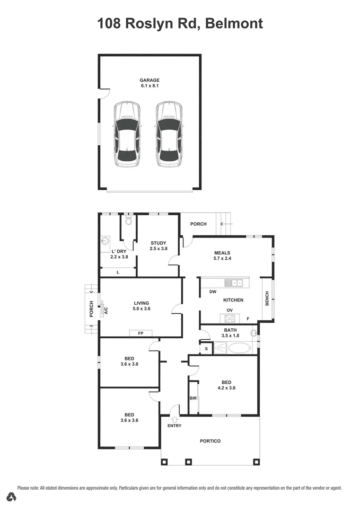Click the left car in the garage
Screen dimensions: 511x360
[127, 134]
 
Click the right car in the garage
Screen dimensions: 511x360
[169, 134]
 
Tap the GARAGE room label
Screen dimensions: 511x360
[149, 80]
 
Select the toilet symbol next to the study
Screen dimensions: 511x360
[128, 220]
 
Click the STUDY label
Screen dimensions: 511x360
[158, 243]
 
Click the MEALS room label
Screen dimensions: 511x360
[222, 253]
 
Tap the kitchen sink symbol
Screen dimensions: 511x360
[233, 283]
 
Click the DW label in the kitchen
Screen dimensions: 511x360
[213, 292]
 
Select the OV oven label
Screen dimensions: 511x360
[229, 310]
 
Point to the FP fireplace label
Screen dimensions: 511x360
[140, 334]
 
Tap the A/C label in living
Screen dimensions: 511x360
[105, 311]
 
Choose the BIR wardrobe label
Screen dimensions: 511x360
[193, 398]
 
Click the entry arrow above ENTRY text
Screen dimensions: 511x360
[175, 419]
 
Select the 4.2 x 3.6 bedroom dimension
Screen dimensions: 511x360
[227, 388]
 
